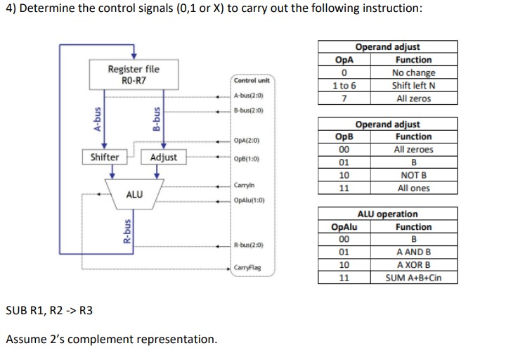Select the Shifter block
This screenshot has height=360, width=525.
click(x=105, y=157)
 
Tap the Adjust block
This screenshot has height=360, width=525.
click(x=164, y=157)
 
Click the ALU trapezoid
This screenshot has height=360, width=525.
click(x=134, y=193)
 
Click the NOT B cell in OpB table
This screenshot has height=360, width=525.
click(x=413, y=175)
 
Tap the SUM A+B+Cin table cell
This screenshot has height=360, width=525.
click(x=413, y=278)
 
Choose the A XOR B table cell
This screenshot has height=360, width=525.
click(x=413, y=265)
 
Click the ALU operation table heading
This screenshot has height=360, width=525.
click(x=387, y=214)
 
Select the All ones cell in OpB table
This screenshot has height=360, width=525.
click(x=413, y=188)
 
